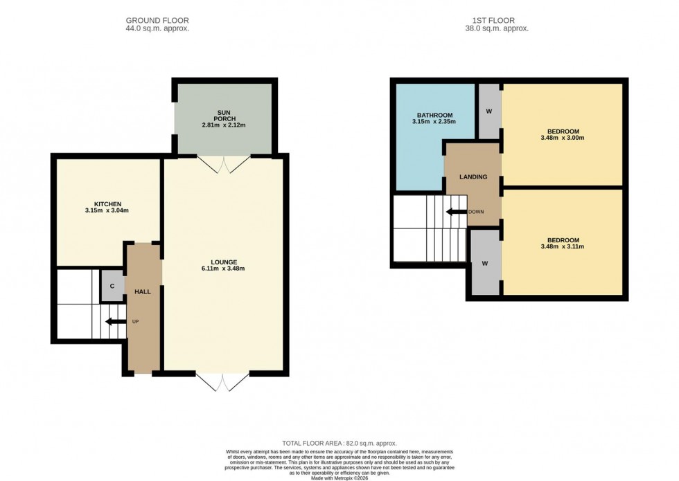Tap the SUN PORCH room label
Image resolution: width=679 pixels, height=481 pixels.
click(223, 118)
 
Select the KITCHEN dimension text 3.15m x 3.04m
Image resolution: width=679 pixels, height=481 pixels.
click(107, 210)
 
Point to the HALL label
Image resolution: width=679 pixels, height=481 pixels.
click(142, 291)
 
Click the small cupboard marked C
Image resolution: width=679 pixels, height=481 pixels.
click(112, 286)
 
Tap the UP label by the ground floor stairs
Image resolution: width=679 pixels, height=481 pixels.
click(135, 321)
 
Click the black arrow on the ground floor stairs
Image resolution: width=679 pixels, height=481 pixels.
click(111, 321)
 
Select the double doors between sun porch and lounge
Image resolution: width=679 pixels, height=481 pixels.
click(223, 164)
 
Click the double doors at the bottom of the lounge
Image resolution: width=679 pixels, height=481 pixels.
click(222, 382)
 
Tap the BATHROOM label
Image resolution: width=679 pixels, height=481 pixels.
click(434, 115)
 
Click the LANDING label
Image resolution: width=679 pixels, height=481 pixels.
click(473, 176)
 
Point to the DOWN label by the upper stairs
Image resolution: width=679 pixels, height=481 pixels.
click(476, 212)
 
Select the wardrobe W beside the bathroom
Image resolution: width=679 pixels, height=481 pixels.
click(489, 111)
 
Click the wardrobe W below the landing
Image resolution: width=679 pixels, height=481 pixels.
click(485, 263)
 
